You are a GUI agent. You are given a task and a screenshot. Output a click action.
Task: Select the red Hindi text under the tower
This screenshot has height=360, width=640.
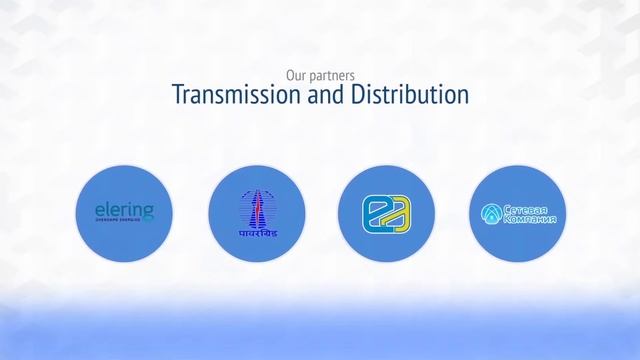pyautogui.click(x=256, y=231)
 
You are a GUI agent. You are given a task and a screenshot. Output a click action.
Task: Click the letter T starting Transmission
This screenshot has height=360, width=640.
pyautogui.click(x=178, y=96)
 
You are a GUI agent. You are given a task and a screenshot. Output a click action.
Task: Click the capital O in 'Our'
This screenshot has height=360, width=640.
pyautogui.click(x=290, y=75)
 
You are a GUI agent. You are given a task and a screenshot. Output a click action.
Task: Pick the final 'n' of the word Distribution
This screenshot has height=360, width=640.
pyautogui.click(x=463, y=97)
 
